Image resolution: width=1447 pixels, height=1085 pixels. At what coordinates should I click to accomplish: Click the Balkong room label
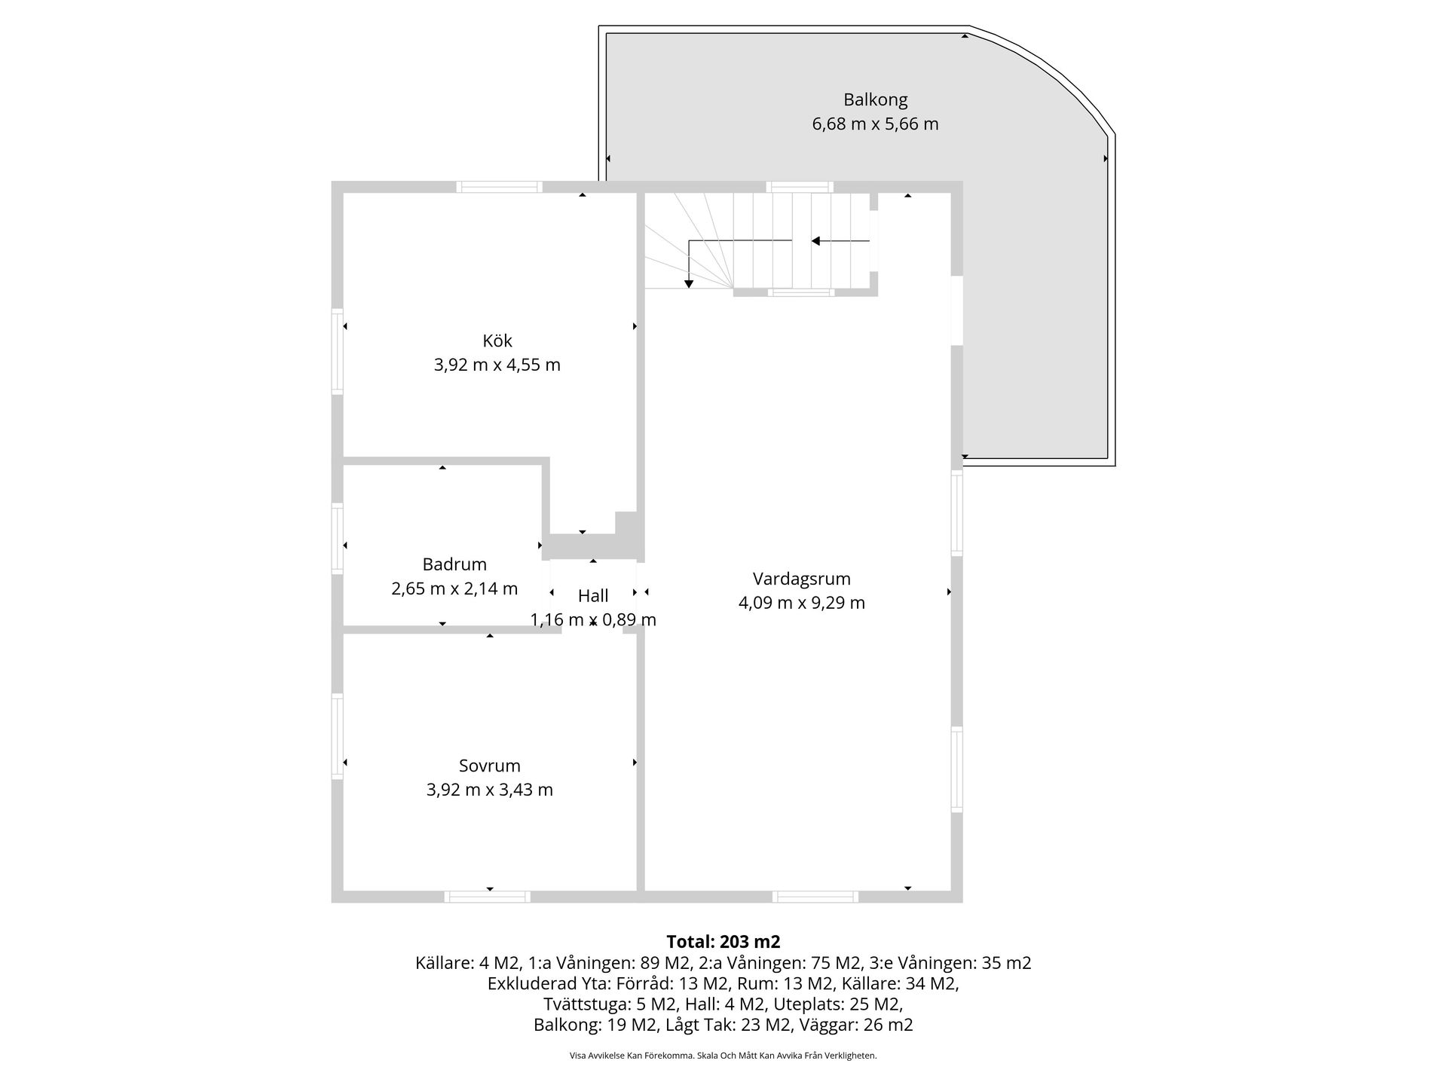pos(875,99)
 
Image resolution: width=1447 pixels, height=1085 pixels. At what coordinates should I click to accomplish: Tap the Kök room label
pos(497,341)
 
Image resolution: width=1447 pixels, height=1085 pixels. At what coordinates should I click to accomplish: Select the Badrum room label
pos(454,564)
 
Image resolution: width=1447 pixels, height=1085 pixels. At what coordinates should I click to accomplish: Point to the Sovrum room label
pos(490,766)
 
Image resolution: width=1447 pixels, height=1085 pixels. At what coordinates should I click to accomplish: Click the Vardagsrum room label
pos(802,579)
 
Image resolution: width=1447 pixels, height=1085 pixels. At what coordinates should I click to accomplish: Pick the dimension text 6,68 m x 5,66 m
pos(875,124)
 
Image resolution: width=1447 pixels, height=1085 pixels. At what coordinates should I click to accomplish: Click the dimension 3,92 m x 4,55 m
pos(497,365)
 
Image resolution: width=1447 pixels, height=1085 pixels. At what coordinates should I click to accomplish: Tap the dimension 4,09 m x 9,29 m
pos(802,603)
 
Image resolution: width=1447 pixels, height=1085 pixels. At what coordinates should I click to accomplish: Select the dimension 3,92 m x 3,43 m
pos(490,790)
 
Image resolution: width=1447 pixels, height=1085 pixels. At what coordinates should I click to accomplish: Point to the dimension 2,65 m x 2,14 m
pos(454,588)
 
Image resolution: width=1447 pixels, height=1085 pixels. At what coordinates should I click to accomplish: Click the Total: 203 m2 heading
pos(723,942)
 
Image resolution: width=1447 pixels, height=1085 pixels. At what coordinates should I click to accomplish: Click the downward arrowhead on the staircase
pos(689,284)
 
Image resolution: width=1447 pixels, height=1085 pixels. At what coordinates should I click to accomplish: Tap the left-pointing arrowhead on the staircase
pos(815,241)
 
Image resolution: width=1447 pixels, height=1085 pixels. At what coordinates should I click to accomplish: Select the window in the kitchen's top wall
pos(499,187)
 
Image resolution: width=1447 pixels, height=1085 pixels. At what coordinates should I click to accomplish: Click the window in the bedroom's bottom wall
pos(487,897)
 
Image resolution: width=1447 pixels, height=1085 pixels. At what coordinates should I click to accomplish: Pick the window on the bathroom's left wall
pos(338,538)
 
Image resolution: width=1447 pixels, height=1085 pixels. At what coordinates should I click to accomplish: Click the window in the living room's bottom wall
pos(815,897)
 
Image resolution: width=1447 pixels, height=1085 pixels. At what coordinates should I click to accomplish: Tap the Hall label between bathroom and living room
pos(593,596)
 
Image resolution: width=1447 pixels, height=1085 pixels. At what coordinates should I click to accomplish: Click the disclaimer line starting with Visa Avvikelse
pos(723,1056)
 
